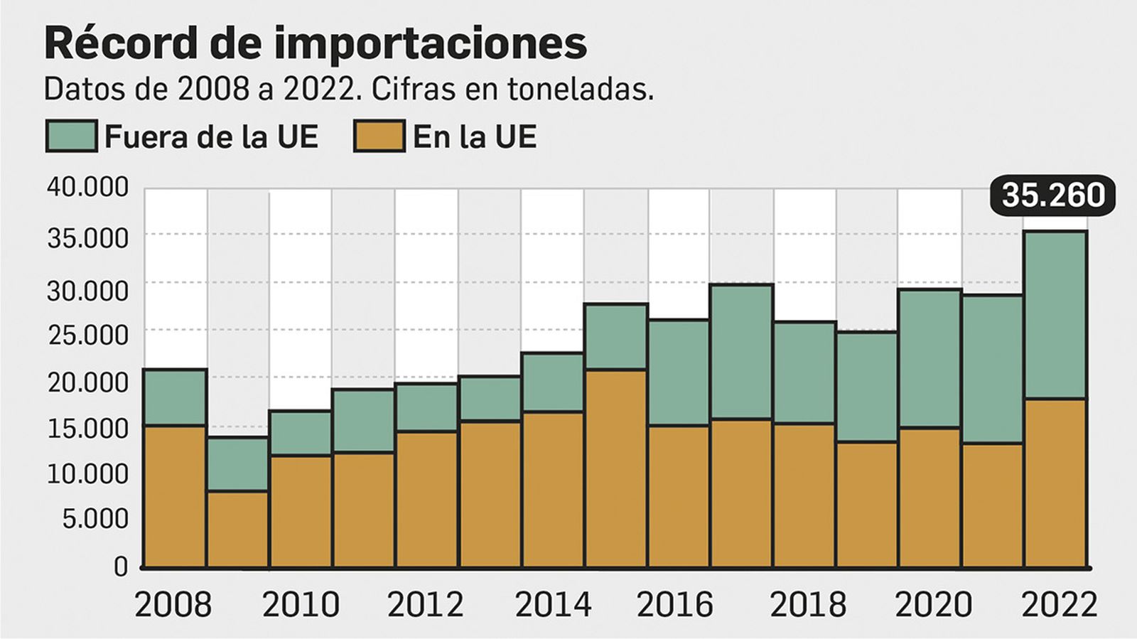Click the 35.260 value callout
tap(1052, 195)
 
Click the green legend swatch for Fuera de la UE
tap(71, 136)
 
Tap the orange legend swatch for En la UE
tap(379, 136)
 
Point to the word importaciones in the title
tap(431, 44)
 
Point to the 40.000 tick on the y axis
tap(88, 187)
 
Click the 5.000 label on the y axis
tap(95, 520)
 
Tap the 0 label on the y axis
tap(121, 566)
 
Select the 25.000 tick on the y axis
tap(88, 334)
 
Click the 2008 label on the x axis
tap(173, 605)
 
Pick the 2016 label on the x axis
tap(674, 605)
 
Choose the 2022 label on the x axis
tap(1059, 605)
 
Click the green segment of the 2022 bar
tap(1055, 315)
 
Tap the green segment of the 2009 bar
tap(238, 463)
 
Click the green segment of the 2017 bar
tap(741, 352)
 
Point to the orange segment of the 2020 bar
tap(929, 497)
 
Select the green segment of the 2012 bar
tap(426, 407)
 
